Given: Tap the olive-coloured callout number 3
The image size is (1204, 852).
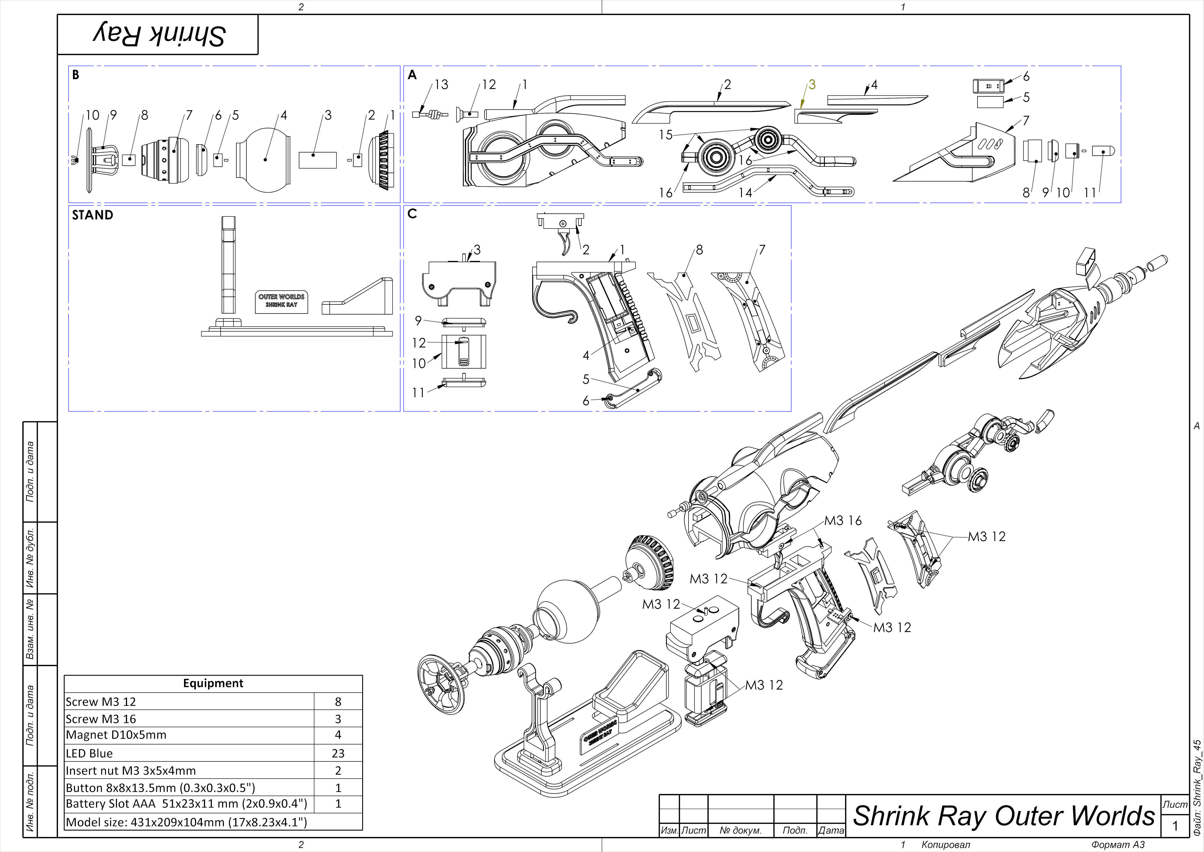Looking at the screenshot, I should coord(812,85).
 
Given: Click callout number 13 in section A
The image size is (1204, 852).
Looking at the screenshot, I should coord(441,85).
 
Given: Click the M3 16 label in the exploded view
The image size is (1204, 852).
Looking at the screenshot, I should coord(843,521).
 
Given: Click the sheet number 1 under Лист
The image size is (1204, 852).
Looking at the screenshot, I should coord(1175,826).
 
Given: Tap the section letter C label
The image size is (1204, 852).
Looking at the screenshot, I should coord(412,213).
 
